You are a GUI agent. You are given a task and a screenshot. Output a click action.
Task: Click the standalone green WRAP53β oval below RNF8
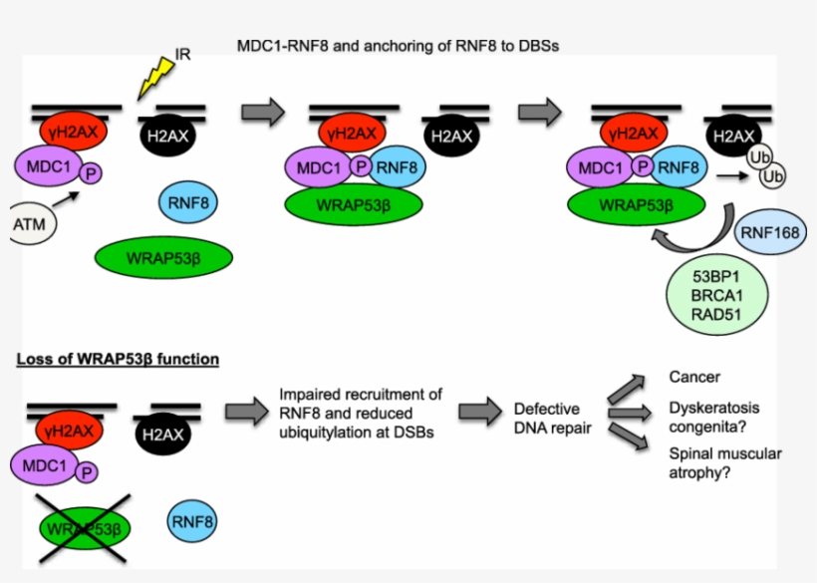[x=163, y=257]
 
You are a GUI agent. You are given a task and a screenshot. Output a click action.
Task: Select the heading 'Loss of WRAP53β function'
[x=118, y=358]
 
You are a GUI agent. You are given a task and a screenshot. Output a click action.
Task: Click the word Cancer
[x=693, y=378]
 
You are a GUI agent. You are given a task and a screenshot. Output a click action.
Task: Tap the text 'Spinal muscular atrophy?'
[x=724, y=463]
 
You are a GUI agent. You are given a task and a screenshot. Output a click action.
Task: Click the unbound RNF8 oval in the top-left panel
[x=188, y=202]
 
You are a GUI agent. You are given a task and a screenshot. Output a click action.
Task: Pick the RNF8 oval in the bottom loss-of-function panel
[x=192, y=519]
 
